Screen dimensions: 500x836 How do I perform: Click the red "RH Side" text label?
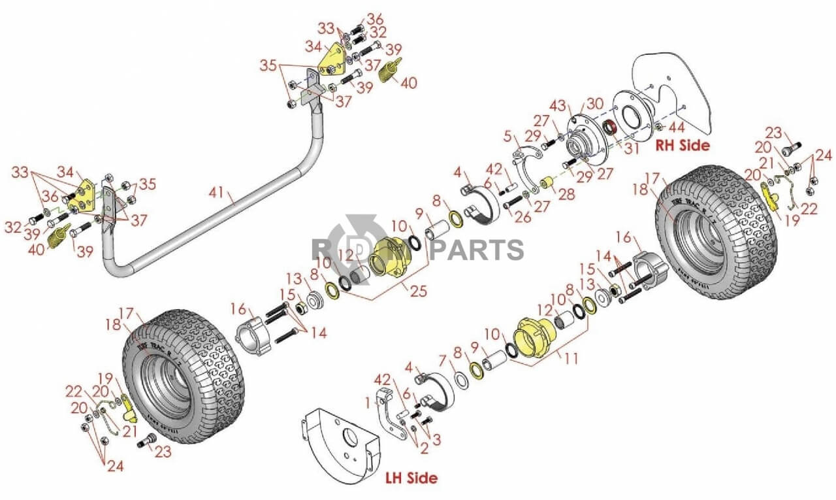click(x=682, y=145)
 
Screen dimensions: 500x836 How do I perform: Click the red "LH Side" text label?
click(x=411, y=478)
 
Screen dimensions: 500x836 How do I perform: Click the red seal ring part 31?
click(x=611, y=127)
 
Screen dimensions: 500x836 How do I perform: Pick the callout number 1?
click(x=368, y=400)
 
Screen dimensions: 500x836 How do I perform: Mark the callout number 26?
click(x=522, y=218)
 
